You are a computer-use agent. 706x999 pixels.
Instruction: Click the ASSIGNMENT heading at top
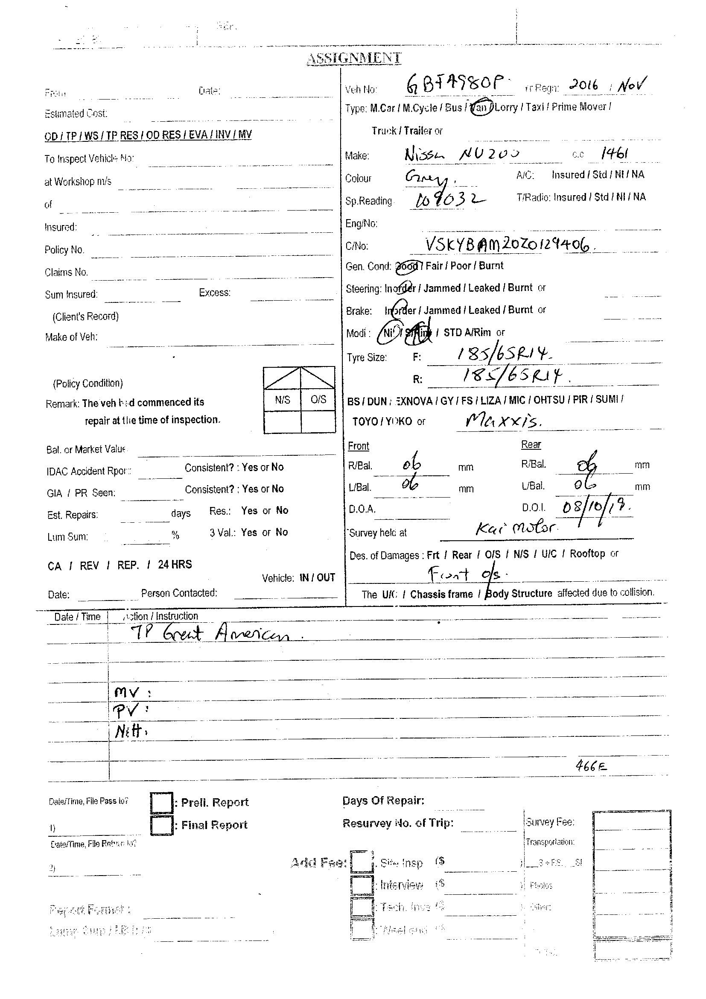pos(354,58)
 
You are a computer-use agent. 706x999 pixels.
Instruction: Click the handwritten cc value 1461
pos(614,153)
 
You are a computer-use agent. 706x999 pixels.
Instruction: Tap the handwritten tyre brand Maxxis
pos(503,420)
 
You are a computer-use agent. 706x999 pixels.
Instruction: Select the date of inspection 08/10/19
pos(595,507)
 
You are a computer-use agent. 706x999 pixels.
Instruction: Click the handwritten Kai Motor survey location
pos(516,528)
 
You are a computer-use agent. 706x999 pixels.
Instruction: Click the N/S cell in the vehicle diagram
pos(282,400)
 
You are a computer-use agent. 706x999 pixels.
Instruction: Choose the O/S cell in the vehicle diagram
pos(318,400)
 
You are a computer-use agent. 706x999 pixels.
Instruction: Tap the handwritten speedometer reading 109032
pos(448,200)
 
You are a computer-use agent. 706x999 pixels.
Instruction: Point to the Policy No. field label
pos(64,250)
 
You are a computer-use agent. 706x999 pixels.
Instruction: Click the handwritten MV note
pos(127,692)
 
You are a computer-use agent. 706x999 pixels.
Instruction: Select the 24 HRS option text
pos(175,564)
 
